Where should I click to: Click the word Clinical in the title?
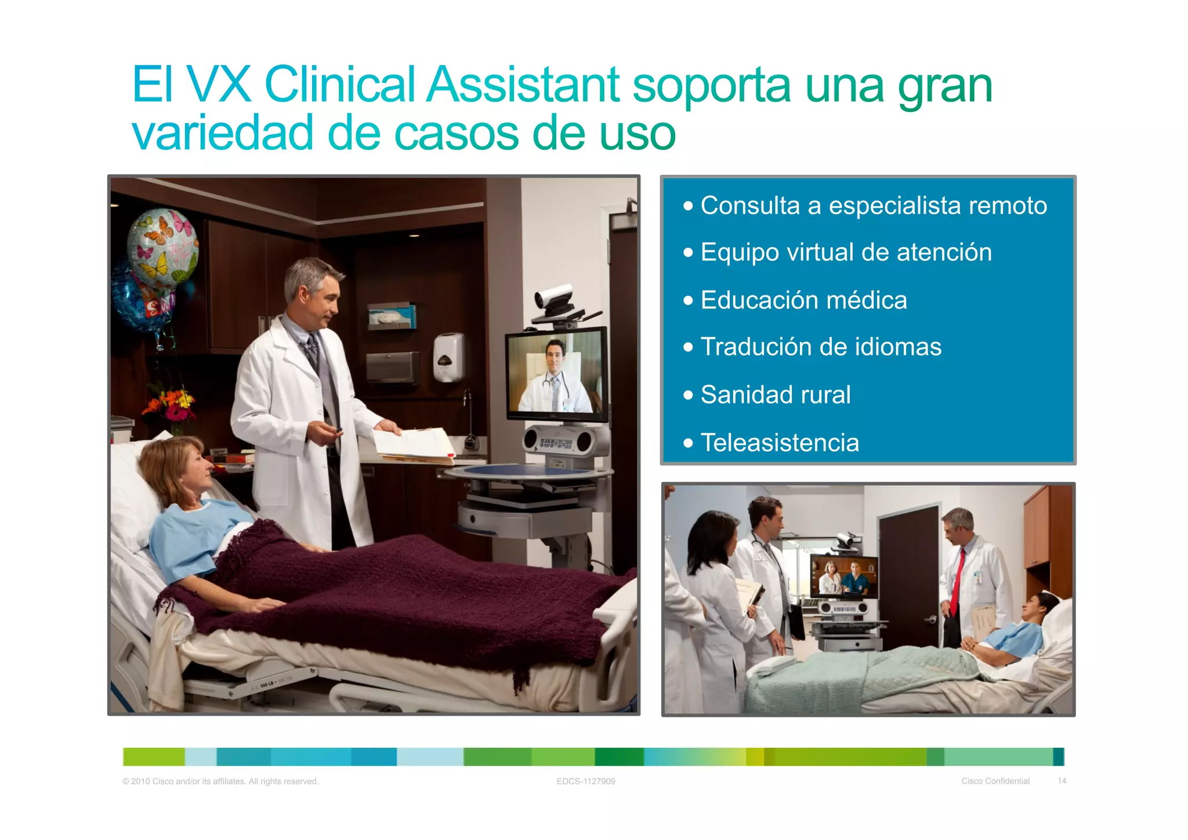339,85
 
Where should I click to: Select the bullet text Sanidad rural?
776,395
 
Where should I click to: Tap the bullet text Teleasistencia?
780,443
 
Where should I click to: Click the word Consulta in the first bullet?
750,206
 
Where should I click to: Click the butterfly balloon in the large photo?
162,247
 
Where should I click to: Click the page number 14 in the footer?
1062,781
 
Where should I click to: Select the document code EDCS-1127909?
585,781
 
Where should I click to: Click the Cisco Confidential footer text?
995,781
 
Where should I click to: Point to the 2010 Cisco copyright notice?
220,781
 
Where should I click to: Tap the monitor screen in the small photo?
844,576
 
